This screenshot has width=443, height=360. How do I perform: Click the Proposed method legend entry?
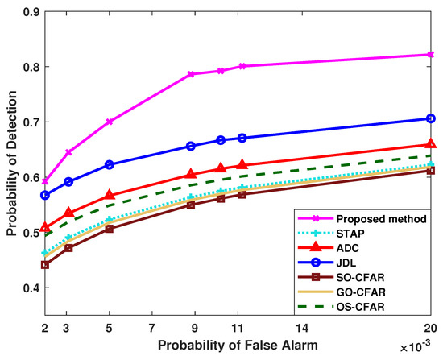(354, 218)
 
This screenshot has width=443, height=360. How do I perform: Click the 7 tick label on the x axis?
(151, 329)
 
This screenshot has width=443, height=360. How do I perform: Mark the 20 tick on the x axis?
(430, 329)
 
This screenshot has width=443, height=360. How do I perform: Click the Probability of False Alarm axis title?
(233, 345)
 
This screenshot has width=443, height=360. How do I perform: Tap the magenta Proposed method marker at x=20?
(430, 55)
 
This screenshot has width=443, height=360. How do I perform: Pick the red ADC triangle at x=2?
(45, 228)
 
